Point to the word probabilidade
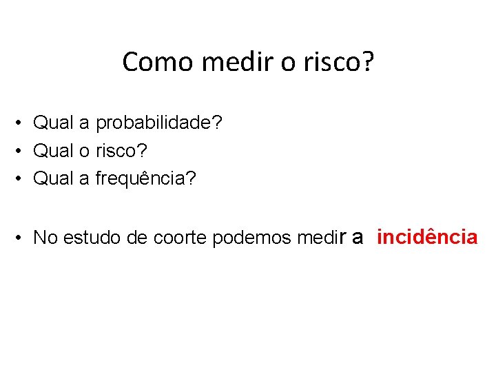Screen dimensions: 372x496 (x=158, y=123)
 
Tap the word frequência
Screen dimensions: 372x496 (x=145, y=178)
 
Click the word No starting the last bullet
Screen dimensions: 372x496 (x=45, y=238)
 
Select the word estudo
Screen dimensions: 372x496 (x=90, y=238)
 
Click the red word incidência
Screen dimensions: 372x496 (x=427, y=238)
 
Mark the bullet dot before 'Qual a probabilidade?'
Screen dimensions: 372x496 (x=23, y=123)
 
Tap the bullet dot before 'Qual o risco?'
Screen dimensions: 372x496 (x=23, y=150)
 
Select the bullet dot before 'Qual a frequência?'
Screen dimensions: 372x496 (x=23, y=178)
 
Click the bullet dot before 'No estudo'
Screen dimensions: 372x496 (x=23, y=238)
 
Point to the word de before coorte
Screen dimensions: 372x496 (x=138, y=238)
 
